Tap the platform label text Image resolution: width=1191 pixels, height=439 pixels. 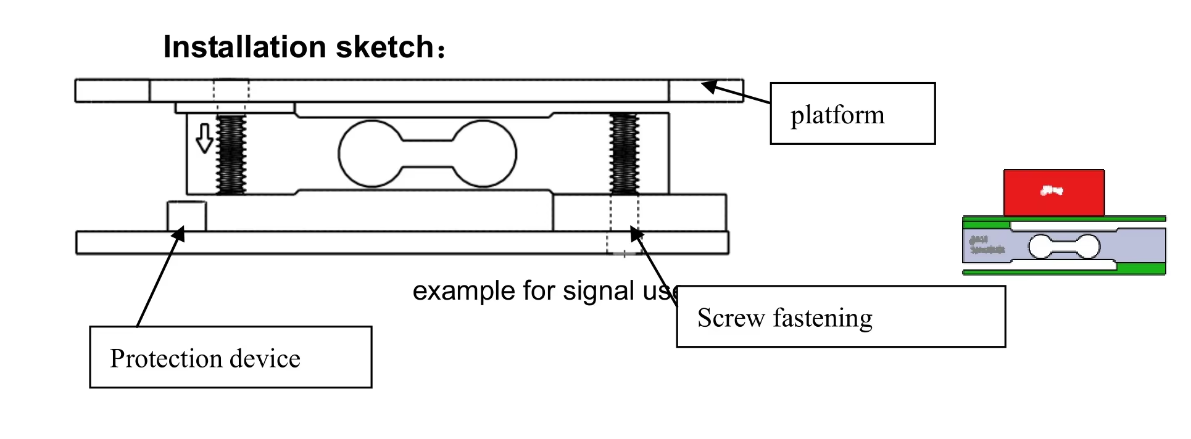tap(837, 115)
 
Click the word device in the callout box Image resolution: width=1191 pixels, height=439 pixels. tap(265, 358)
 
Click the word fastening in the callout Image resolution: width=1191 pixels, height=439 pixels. tap(823, 318)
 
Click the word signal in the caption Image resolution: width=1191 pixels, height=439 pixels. tap(598, 291)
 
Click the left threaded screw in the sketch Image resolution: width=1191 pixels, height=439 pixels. tap(231, 154)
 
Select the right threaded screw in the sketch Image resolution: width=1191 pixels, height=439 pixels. tap(624, 154)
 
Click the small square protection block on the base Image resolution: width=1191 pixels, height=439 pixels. tap(186, 216)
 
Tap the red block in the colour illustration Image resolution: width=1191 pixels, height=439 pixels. tap(1053, 192)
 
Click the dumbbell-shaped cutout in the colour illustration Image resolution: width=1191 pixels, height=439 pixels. tap(1064, 247)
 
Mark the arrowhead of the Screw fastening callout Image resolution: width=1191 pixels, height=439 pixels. tap(636, 234)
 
